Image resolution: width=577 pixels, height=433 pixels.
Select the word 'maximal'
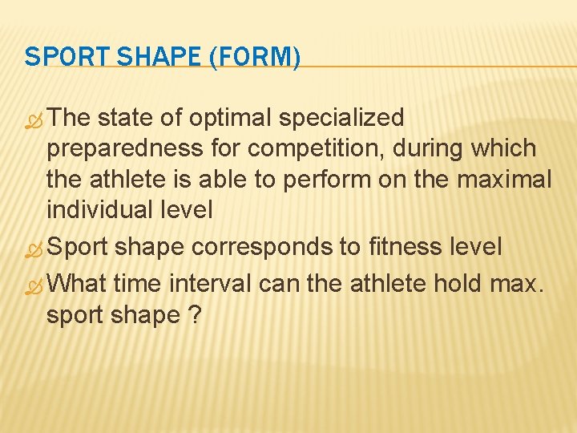pos(505,180)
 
